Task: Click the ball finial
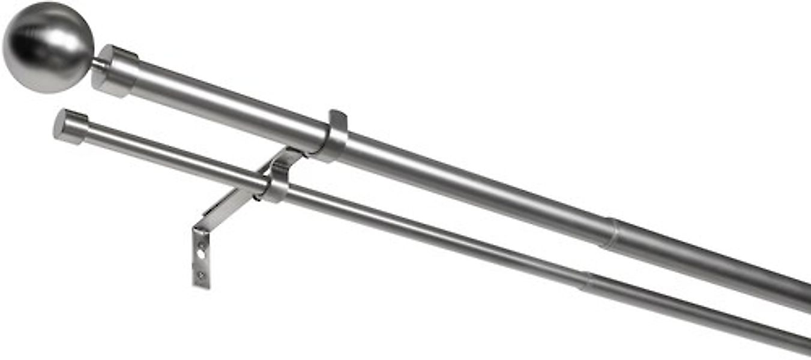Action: point(48,47)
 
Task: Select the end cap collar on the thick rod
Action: point(115,70)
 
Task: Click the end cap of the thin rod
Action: point(70,127)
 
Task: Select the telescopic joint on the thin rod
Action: point(585,280)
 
